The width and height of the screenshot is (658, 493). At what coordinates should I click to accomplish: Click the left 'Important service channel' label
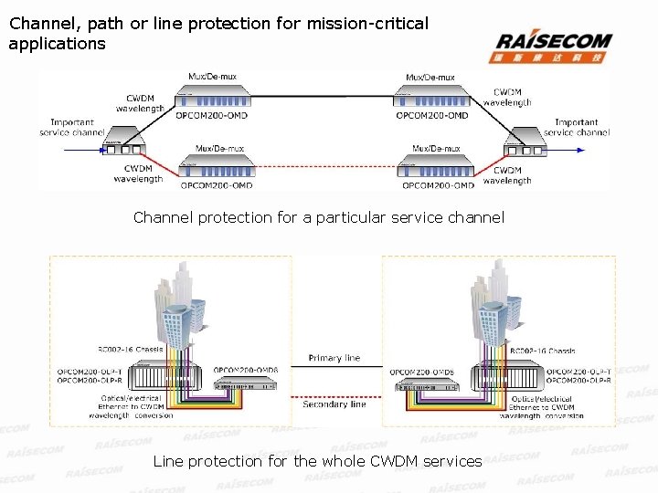click(72, 127)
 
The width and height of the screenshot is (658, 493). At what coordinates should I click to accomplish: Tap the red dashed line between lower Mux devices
click(327, 167)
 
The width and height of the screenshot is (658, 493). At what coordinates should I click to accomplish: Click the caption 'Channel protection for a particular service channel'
click(318, 217)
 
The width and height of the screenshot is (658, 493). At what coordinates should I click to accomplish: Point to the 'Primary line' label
click(334, 358)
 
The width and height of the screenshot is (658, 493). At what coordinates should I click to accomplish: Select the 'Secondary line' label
click(334, 404)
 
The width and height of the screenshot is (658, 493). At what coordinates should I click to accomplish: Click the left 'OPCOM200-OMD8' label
click(246, 370)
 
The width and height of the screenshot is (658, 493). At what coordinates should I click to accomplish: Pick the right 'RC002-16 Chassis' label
click(543, 351)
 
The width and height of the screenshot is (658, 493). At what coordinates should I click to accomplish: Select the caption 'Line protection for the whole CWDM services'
click(317, 461)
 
